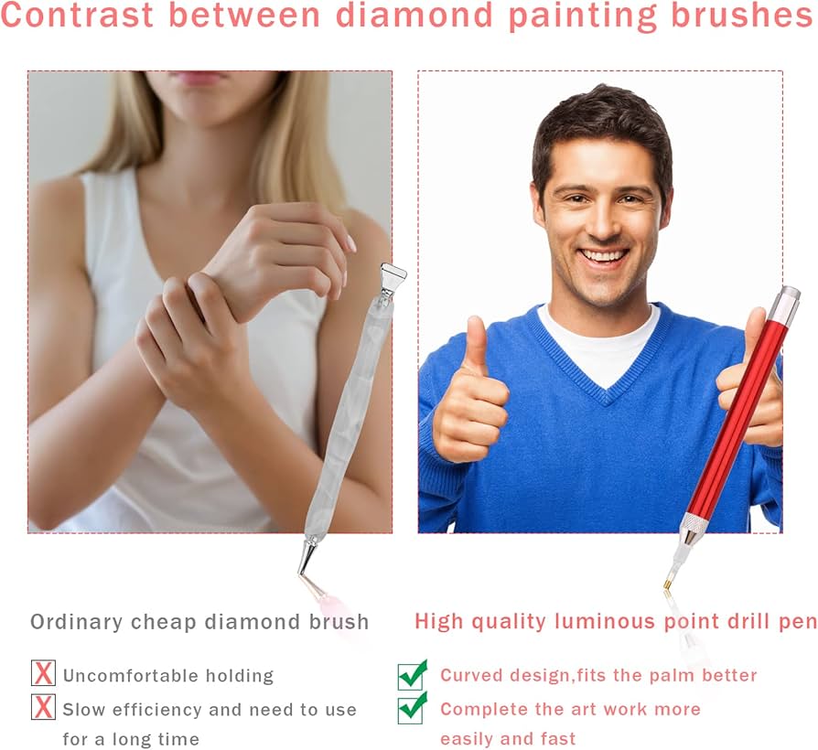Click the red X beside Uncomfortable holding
pyautogui.click(x=43, y=673)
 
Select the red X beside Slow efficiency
pyautogui.click(x=43, y=707)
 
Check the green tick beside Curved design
pyautogui.click(x=413, y=675)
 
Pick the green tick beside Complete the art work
pyautogui.click(x=413, y=708)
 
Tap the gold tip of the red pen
pyautogui.click(x=667, y=584)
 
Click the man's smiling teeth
pyautogui.click(x=605, y=256)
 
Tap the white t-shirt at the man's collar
pyautogui.click(x=600, y=344)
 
